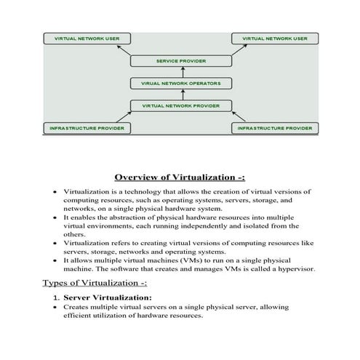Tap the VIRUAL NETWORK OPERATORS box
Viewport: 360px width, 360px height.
180,84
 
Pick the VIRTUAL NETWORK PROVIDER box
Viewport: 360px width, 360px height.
180,106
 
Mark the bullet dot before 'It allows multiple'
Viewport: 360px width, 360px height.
55,260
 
